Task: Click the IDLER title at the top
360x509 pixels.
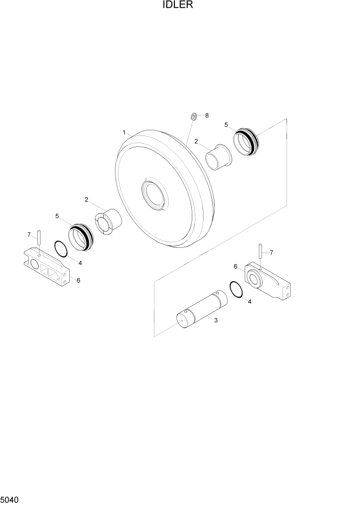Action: pos(178,5)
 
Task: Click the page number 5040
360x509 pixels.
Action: pos(9,500)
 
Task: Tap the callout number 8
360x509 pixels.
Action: pos(207,115)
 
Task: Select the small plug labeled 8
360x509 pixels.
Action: pos(194,116)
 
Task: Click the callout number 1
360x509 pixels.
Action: pos(124,132)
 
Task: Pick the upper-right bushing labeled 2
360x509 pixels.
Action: pos(218,157)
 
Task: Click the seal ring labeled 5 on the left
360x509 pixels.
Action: pos(81,238)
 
